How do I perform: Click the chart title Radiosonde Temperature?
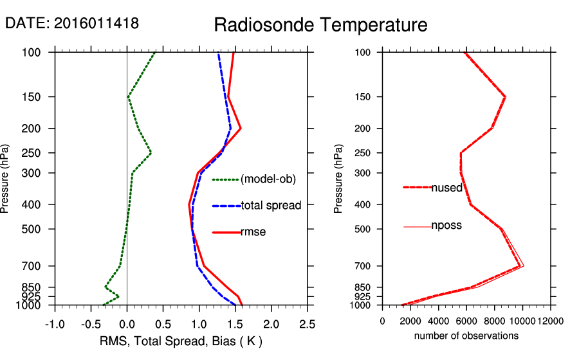click(x=320, y=25)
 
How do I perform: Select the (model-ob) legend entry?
click(x=268, y=179)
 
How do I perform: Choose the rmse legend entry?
click(x=253, y=232)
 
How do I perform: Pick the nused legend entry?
click(x=446, y=187)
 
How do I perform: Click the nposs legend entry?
click(x=446, y=226)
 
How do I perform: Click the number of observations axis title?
click(x=466, y=336)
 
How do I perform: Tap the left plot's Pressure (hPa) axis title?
click(x=6, y=179)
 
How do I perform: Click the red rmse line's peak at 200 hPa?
click(x=241, y=129)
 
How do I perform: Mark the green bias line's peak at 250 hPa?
click(x=151, y=153)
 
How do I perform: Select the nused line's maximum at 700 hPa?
click(x=520, y=266)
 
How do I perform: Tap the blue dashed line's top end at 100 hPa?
click(x=219, y=53)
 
